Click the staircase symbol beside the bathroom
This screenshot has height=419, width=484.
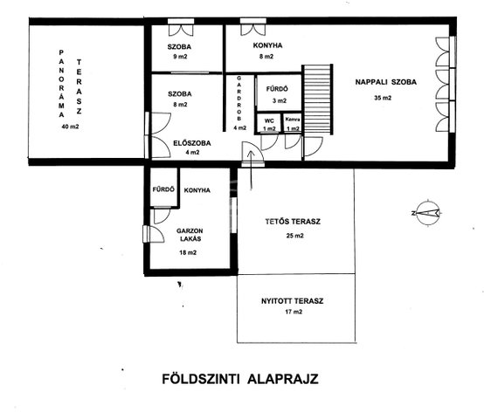pyautogui.click(x=317, y=100)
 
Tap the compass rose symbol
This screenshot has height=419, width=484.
pyautogui.click(x=427, y=213)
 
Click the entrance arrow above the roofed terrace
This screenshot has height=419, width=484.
pyautogui.click(x=251, y=170)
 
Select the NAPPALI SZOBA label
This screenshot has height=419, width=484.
pyautogui.click(x=386, y=82)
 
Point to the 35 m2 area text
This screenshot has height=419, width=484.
pyautogui.click(x=383, y=98)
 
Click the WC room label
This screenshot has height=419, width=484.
pyautogui.click(x=269, y=120)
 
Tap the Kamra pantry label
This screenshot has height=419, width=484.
pyautogui.click(x=293, y=119)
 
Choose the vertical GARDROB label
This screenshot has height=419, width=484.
pyautogui.click(x=239, y=99)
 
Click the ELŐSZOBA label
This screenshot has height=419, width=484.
pyautogui.click(x=192, y=143)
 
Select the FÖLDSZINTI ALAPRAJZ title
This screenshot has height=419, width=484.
pyautogui.click(x=240, y=379)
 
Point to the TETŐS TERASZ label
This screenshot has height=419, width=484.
pyautogui.click(x=293, y=222)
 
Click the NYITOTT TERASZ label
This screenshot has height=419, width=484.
pyautogui.click(x=293, y=301)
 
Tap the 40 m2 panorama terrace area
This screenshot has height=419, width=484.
pyautogui.click(x=71, y=127)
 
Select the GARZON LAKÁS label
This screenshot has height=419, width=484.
pyautogui.click(x=190, y=235)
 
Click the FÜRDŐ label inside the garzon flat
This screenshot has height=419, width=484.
pyautogui.click(x=163, y=189)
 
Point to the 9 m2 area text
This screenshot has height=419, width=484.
pyautogui.click(x=180, y=57)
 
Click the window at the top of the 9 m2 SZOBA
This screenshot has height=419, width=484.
pyautogui.click(x=181, y=21)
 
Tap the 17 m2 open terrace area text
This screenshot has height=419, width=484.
pyautogui.click(x=294, y=312)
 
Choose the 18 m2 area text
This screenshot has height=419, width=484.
pyautogui.click(x=188, y=252)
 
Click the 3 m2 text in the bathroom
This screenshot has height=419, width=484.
pyautogui.click(x=280, y=100)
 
